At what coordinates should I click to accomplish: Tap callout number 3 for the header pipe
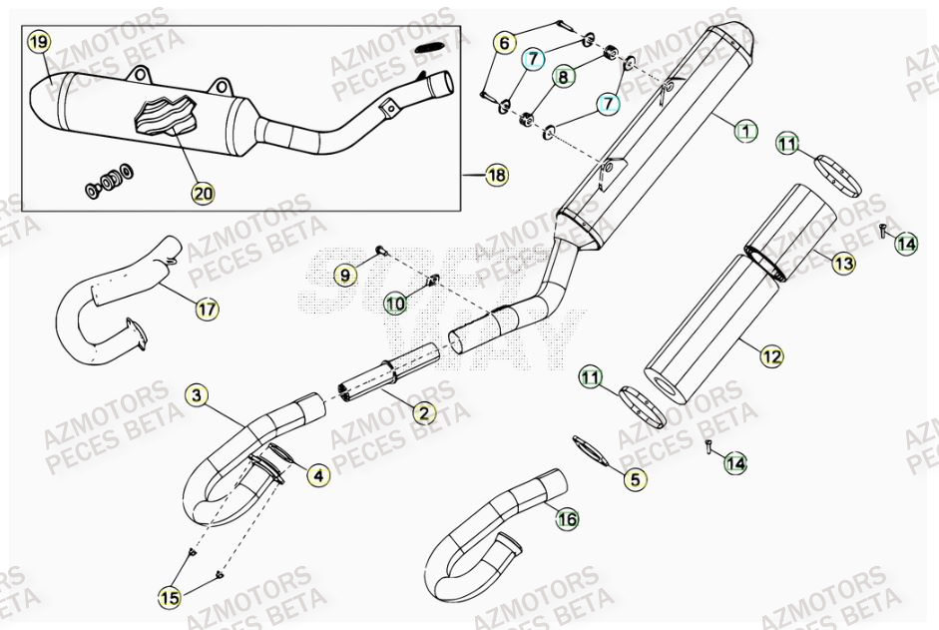[198, 396]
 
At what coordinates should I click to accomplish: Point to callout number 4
[317, 476]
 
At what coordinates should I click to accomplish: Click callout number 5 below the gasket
[633, 479]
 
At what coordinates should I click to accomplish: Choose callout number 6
[505, 43]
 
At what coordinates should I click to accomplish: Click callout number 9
[343, 274]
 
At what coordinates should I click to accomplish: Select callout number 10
[395, 302]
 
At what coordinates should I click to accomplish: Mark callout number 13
[844, 264]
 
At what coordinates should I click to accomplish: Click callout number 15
[170, 597]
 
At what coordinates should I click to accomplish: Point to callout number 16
[567, 518]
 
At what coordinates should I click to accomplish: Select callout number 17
[206, 310]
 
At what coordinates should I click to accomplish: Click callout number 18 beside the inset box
[496, 176]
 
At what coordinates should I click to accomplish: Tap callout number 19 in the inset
[38, 43]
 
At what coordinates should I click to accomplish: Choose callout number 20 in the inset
[204, 190]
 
